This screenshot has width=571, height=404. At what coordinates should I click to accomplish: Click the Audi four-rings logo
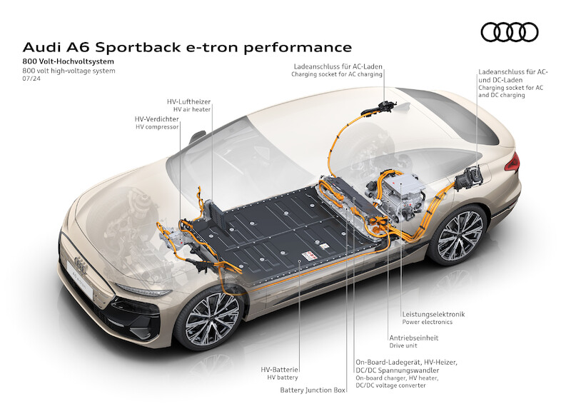[509, 32]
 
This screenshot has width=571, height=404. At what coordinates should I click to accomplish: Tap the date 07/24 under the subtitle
[32, 79]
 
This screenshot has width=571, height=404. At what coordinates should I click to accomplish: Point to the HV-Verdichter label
[158, 118]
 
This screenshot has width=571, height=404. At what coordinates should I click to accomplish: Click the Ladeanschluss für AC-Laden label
[338, 66]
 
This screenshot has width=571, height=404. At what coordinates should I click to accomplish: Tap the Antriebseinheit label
[414, 338]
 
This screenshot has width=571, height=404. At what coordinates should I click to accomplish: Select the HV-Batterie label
[280, 369]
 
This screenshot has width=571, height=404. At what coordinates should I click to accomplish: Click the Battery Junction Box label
[313, 390]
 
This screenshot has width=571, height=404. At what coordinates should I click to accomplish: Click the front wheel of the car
[213, 321]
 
